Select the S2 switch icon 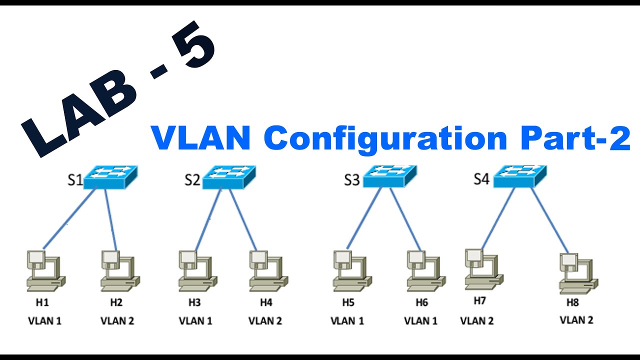pyautogui.click(x=229, y=177)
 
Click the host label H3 pyautogui.click(x=194, y=302)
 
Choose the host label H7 pyautogui.click(x=479, y=301)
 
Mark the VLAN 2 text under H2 pyautogui.click(x=117, y=321)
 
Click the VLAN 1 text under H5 pyautogui.click(x=347, y=321)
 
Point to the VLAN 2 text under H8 pyautogui.click(x=576, y=320)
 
